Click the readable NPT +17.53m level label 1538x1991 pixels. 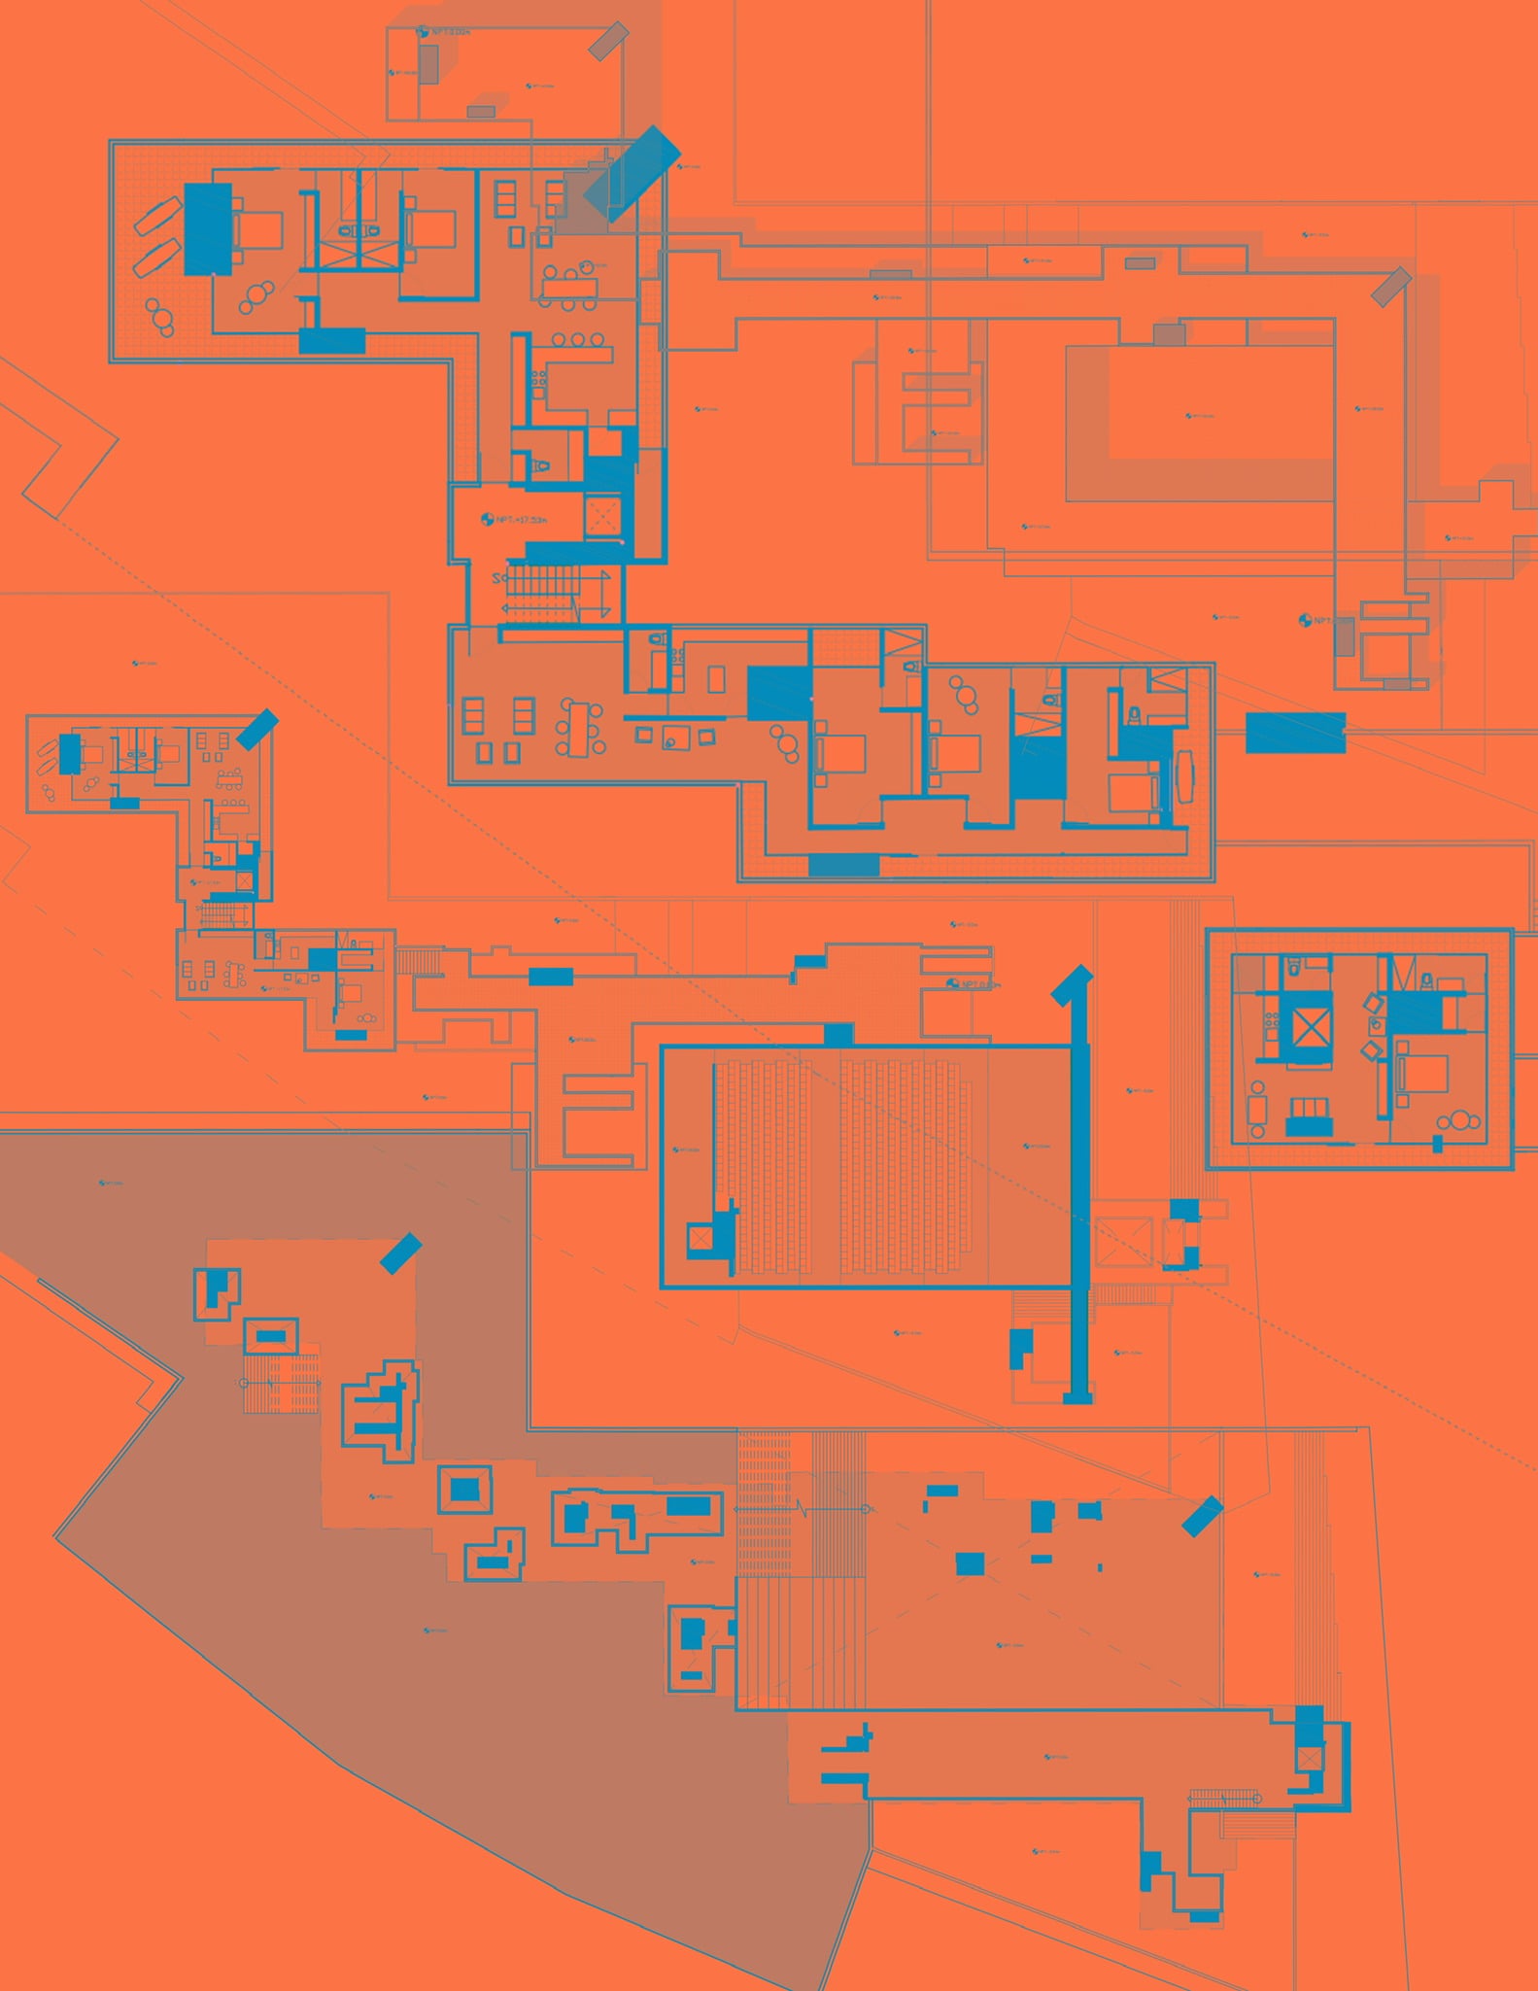tap(516, 520)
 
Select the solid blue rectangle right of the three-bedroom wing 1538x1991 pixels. tap(1295, 732)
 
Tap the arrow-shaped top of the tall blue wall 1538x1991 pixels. tap(1074, 981)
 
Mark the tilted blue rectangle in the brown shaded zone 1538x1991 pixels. tap(400, 1253)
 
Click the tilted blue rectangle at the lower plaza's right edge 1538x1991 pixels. tap(1202, 1516)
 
